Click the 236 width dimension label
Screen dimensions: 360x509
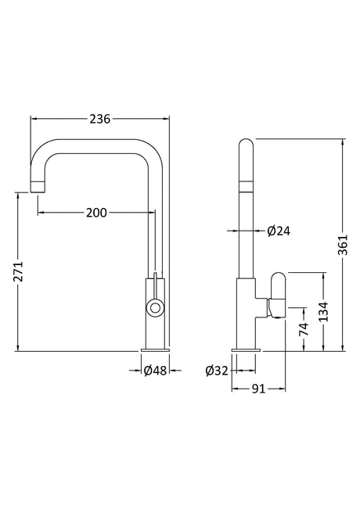tap(100, 119)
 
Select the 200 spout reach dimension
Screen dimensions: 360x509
tap(96, 213)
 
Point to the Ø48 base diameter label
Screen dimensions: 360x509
tap(155, 370)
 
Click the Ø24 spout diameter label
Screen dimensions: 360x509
tap(279, 231)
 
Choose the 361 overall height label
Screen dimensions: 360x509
tap(343, 245)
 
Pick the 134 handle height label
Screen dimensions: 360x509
tap(323, 312)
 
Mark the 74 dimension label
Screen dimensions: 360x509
tap(304, 329)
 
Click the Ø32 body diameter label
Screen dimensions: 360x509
tap(217, 371)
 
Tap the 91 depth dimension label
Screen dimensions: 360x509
tap(259, 389)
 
